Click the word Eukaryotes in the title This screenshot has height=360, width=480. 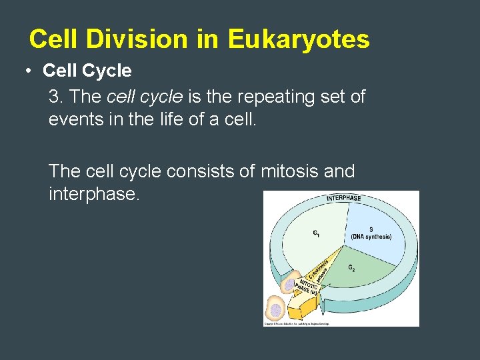(299, 39)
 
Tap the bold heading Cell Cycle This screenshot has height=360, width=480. (87, 70)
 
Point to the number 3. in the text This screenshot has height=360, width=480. (56, 97)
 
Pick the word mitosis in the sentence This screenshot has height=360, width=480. (289, 171)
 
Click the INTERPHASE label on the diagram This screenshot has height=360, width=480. (343, 198)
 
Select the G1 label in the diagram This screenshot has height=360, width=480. (317, 233)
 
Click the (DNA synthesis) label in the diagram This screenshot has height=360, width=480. (371, 237)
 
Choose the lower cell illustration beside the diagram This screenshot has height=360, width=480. (275, 309)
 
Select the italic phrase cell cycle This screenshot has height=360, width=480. (145, 97)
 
